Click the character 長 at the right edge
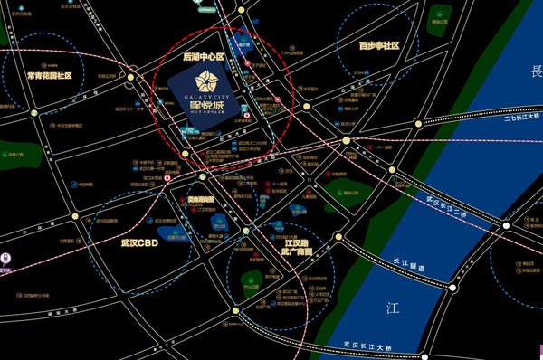click(x=535, y=71)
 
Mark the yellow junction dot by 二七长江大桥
click(x=347, y=140)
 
